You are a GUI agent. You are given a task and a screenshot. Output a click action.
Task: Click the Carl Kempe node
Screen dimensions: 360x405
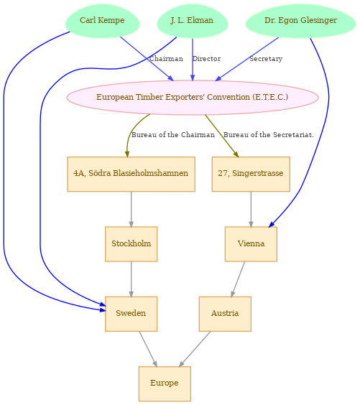(x=102, y=21)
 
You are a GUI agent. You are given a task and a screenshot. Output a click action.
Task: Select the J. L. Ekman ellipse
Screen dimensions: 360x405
(x=193, y=21)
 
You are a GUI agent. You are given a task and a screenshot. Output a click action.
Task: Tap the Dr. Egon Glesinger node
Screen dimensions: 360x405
(x=300, y=21)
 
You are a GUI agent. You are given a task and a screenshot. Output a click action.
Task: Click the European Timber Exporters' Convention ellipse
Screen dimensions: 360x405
(x=193, y=98)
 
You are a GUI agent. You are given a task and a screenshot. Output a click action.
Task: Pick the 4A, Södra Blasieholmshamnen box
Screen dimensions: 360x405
(x=131, y=174)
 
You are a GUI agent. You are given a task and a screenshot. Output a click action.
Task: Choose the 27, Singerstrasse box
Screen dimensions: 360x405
(x=251, y=174)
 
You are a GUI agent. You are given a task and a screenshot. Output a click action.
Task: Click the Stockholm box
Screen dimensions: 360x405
(x=131, y=244)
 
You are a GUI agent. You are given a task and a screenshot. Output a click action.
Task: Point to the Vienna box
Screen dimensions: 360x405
(x=251, y=244)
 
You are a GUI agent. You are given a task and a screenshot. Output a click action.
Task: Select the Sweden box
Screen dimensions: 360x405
(x=131, y=314)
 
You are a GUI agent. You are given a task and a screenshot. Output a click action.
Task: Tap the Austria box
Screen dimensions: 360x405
(x=225, y=314)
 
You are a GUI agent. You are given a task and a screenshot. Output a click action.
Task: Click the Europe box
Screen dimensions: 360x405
(x=165, y=383)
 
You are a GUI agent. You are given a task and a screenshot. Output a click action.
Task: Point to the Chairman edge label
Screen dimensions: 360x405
(x=166, y=59)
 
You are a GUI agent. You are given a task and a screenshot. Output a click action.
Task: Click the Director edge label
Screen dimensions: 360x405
(x=206, y=59)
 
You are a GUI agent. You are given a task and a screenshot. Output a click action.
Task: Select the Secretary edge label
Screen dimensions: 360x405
(x=266, y=59)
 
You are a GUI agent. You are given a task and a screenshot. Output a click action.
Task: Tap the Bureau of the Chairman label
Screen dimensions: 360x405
(x=173, y=135)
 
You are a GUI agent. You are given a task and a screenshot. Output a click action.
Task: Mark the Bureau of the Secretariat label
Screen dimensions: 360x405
(x=269, y=135)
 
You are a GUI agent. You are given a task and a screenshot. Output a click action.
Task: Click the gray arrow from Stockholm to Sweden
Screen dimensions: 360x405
(x=131, y=279)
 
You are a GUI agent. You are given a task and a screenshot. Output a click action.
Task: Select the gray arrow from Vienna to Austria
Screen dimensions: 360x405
(x=238, y=279)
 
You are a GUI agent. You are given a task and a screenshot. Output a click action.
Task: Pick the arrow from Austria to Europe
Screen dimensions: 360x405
(x=195, y=349)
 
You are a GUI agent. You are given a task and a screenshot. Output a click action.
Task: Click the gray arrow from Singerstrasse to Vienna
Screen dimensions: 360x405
(x=251, y=209)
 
